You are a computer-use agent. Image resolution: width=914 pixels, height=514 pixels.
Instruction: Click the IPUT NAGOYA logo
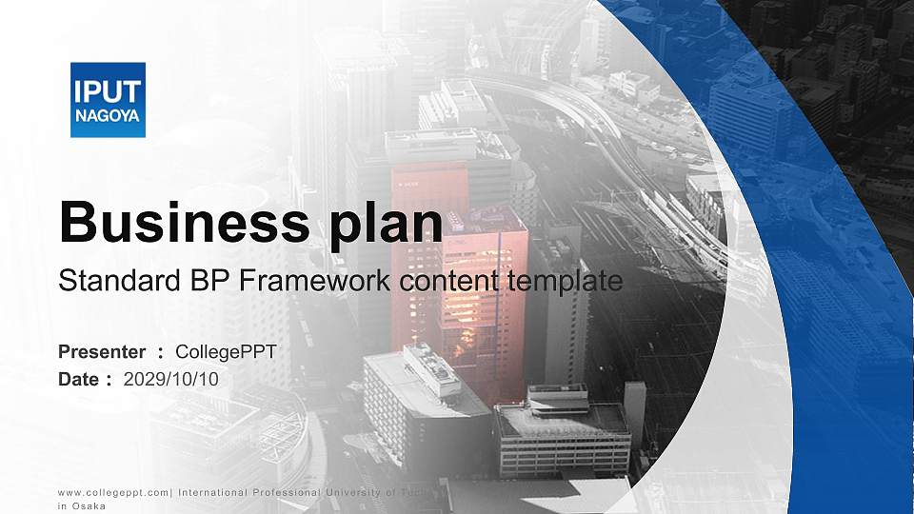click(x=108, y=100)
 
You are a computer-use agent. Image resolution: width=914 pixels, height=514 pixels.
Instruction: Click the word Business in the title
click(x=183, y=222)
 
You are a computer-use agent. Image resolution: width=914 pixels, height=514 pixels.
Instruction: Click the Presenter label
click(x=102, y=352)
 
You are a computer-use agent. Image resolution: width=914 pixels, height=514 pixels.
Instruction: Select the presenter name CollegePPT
click(x=227, y=352)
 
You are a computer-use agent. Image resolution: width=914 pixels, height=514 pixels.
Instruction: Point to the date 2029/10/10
click(x=171, y=379)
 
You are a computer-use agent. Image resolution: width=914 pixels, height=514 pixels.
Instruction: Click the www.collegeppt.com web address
click(x=113, y=491)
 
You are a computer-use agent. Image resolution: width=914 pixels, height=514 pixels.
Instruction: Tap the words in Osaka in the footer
click(x=82, y=506)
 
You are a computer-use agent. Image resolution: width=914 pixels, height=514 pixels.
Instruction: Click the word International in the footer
click(x=214, y=491)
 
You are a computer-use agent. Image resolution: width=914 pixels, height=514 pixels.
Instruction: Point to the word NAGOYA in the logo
click(x=108, y=115)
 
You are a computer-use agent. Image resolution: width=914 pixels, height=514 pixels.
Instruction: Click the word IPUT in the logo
click(x=108, y=91)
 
